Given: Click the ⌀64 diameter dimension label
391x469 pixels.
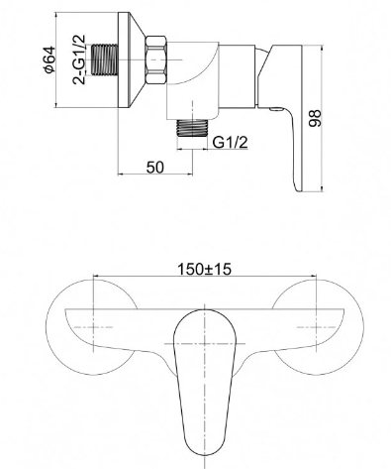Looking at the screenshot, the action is [x=49, y=59].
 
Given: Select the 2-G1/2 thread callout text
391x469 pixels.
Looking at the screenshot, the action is [x=78, y=59].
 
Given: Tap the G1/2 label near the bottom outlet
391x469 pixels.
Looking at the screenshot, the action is [x=230, y=143].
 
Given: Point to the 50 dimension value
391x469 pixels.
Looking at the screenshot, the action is [x=154, y=168].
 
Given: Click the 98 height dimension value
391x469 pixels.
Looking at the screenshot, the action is [x=315, y=118].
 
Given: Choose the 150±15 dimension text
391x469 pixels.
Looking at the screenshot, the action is [x=205, y=269].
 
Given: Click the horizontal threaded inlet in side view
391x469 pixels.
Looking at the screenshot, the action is [x=104, y=59].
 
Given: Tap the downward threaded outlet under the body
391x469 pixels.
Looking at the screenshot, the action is [x=192, y=128].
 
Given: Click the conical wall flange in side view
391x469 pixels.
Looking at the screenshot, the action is [x=131, y=59].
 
